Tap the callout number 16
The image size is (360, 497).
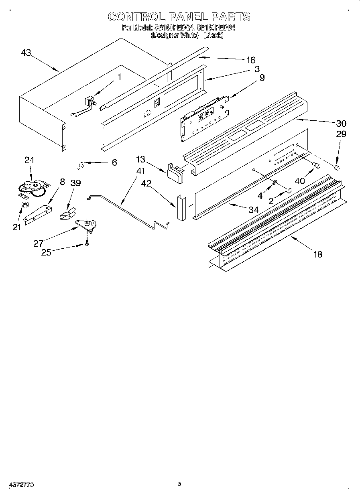(250, 60)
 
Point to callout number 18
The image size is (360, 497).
(317, 254)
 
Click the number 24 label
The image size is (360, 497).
(29, 160)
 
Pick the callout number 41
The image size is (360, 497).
(140, 171)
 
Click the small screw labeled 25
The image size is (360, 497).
(86, 243)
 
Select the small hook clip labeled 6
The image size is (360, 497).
(81, 163)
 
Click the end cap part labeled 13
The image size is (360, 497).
(174, 172)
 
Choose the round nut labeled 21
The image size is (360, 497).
(24, 206)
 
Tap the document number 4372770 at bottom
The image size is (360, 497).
(20, 485)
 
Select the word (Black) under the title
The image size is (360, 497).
(214, 35)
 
